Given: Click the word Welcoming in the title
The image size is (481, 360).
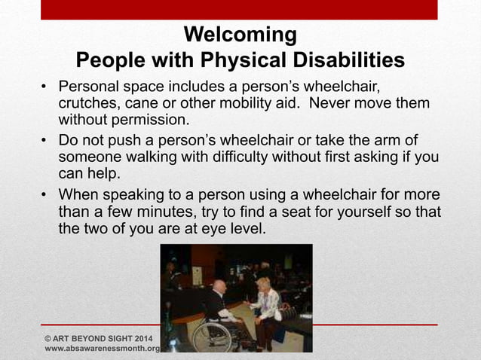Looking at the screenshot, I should coord(240,35).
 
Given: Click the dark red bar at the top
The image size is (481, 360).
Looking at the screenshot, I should coord(239,9).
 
